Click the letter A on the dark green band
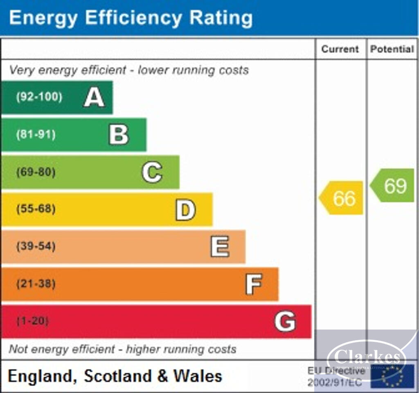click(x=94, y=97)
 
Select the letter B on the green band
click(x=119, y=135)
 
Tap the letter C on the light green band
click(x=152, y=172)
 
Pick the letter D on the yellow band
click(x=185, y=210)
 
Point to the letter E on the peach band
click(x=220, y=247)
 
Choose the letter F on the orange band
click(x=254, y=284)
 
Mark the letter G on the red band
click(x=285, y=321)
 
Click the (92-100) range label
click(x=39, y=97)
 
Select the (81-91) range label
click(x=36, y=135)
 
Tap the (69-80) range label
click(x=36, y=172)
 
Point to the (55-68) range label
click(x=36, y=209)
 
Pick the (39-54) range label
click(x=36, y=246)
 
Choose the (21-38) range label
click(x=36, y=284)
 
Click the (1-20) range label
click(x=32, y=321)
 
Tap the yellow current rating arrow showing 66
click(x=342, y=198)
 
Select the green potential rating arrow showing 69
click(x=393, y=185)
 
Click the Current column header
click(x=340, y=49)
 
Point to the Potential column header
click(x=392, y=49)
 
